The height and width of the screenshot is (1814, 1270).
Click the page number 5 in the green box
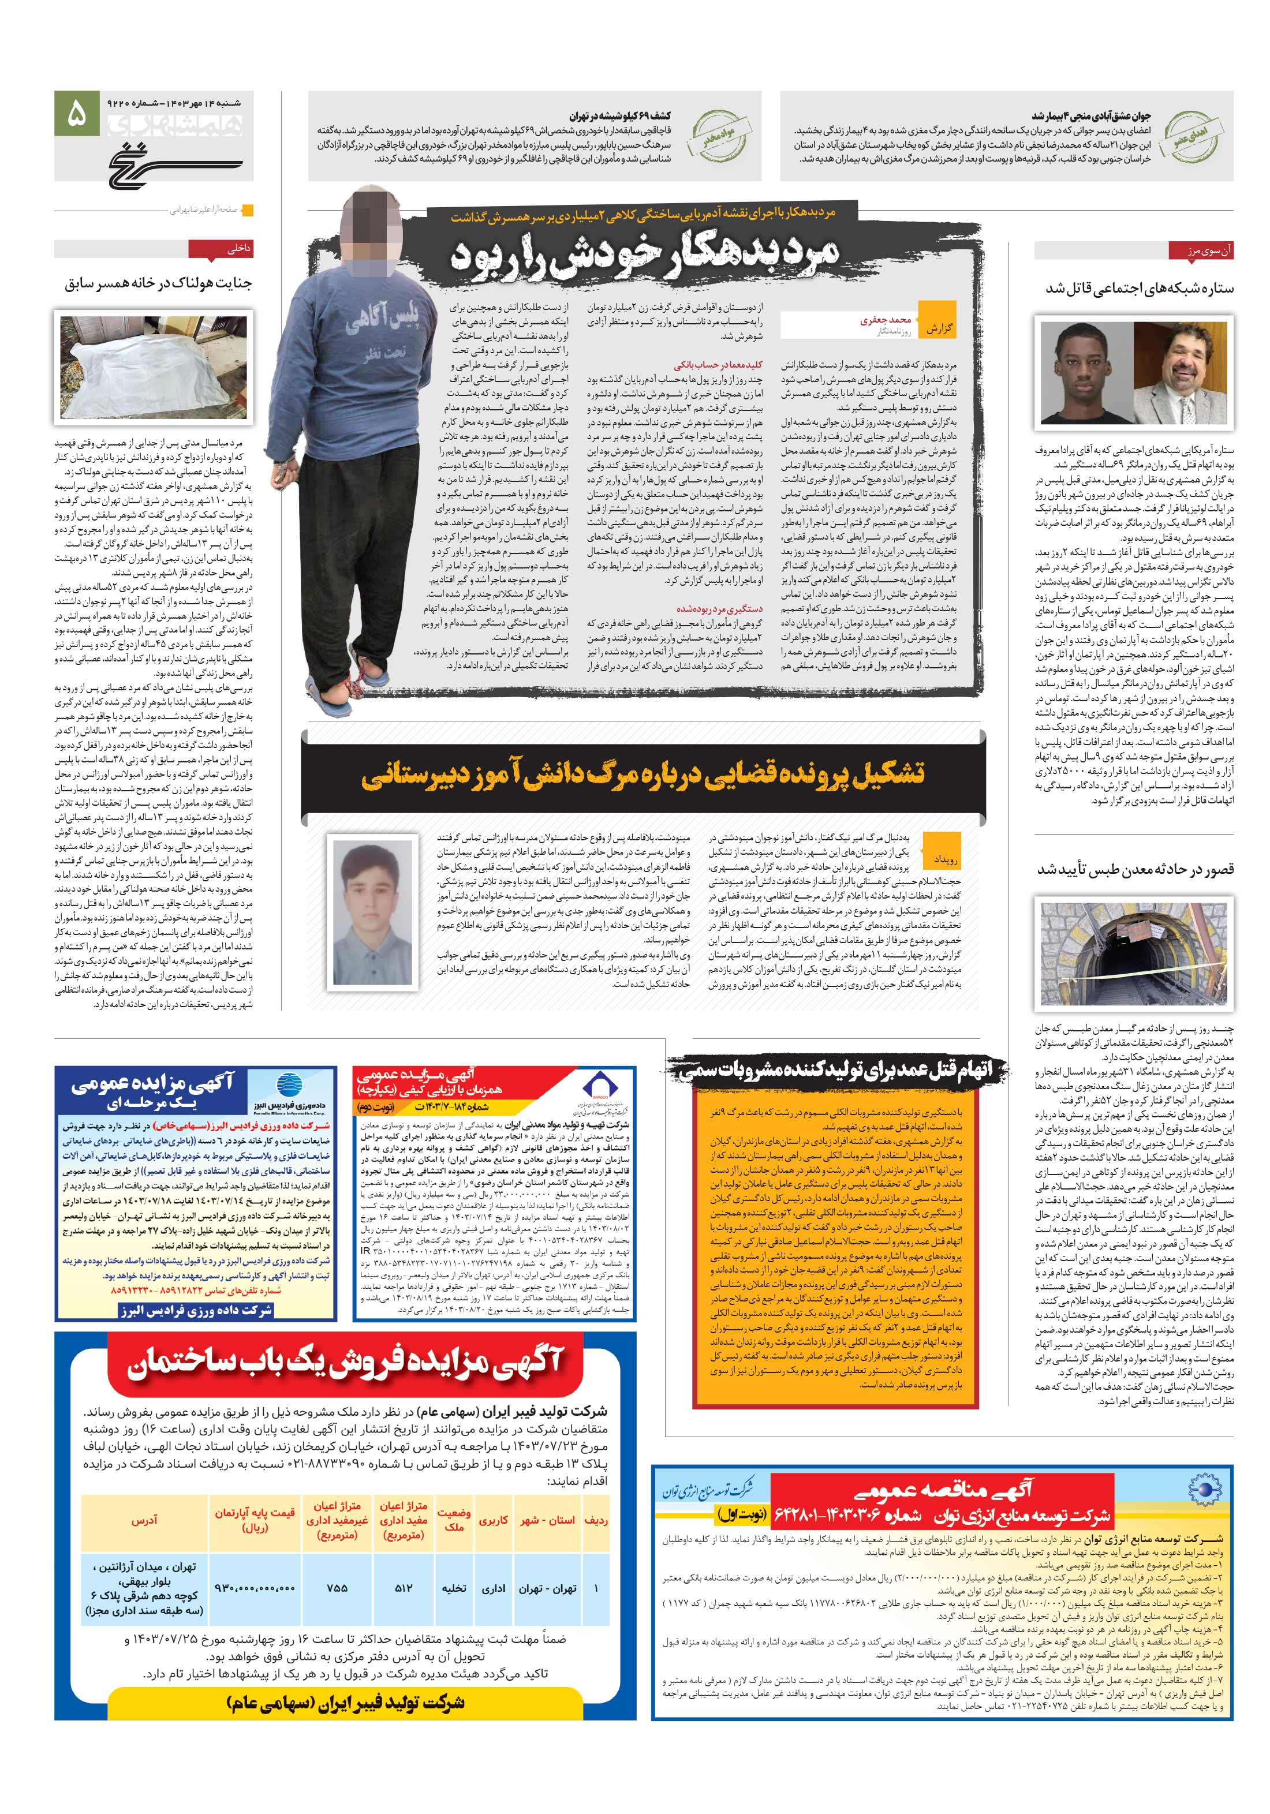pyautogui.click(x=77, y=114)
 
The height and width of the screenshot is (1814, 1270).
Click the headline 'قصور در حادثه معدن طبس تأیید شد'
pyautogui.click(x=1135, y=870)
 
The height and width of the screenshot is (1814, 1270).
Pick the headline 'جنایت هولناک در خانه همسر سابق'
pyautogui.click(x=158, y=283)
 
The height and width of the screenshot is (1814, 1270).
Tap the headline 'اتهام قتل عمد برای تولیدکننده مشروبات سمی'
pyautogui.click(x=838, y=1071)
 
